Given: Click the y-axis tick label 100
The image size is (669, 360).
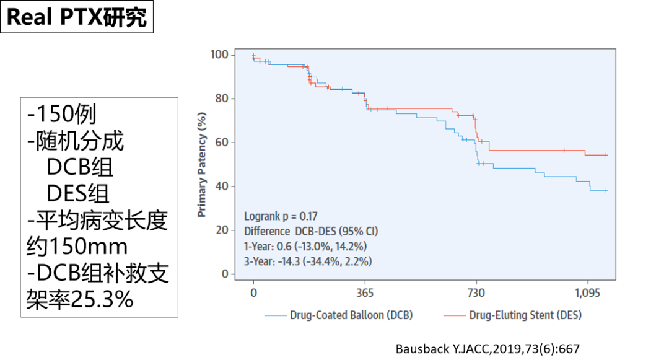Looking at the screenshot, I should (x=219, y=55).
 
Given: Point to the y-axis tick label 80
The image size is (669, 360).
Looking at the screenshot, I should (x=221, y=99).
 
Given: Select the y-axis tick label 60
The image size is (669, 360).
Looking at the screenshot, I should (x=221, y=143).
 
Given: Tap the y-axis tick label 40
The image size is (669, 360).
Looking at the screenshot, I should (x=221, y=187).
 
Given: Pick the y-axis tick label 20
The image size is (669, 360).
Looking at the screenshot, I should (x=221, y=230).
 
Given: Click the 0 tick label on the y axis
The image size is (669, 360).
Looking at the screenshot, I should (x=224, y=274).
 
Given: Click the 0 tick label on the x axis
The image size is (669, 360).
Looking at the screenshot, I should (x=253, y=292).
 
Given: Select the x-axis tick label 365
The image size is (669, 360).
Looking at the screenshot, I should (x=365, y=292).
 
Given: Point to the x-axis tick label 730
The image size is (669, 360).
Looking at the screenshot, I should (x=476, y=292).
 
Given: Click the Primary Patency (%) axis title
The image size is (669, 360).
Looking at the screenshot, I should (x=202, y=164).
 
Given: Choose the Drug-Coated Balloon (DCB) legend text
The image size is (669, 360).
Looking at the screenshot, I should (x=351, y=315).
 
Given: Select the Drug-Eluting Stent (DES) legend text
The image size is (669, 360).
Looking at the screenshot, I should (x=525, y=315).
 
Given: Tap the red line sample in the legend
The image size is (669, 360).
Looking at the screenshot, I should (x=454, y=315).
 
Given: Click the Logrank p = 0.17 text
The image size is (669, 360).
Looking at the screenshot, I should (x=281, y=217).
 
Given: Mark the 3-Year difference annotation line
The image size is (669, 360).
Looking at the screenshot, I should (x=308, y=261).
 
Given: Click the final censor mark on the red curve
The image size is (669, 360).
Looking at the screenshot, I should (x=606, y=155).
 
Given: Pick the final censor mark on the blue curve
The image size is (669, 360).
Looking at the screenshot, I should (x=605, y=190).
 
